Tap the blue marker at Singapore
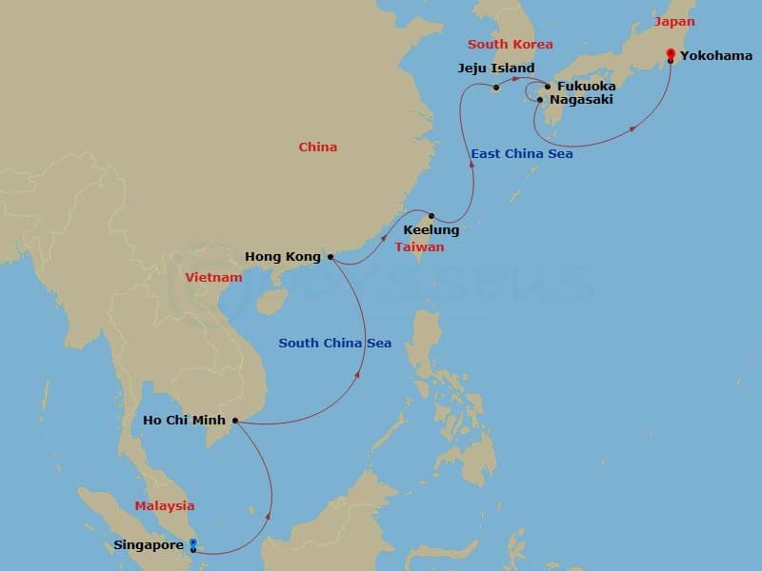click(x=193, y=545)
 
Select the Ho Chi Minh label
click(x=184, y=420)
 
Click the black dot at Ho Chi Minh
click(x=235, y=420)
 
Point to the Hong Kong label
click(x=281, y=256)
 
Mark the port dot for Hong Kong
click(x=330, y=256)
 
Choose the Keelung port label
click(x=431, y=230)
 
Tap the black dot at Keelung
click(x=431, y=216)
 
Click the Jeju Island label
click(x=495, y=69)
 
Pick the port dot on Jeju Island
click(x=496, y=90)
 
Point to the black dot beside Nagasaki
click(x=540, y=99)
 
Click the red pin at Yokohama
click(x=671, y=54)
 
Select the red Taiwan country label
click(x=419, y=246)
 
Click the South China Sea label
click(x=334, y=344)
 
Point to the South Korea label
click(x=510, y=45)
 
